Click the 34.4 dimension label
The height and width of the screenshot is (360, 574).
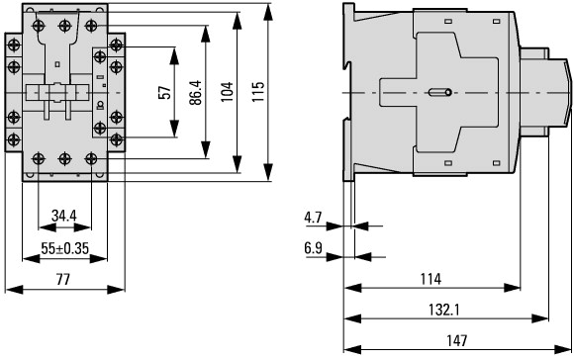coord(64,216)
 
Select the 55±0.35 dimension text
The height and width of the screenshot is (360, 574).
coord(64,249)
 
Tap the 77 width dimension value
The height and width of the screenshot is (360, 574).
coord(63,280)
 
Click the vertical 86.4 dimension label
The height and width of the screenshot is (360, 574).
coord(196,93)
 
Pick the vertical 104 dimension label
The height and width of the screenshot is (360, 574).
coord(227,92)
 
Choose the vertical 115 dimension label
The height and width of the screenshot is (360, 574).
coord(258,91)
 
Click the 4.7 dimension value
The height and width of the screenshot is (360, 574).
coord(313,218)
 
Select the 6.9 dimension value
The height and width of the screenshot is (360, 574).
coord(313,248)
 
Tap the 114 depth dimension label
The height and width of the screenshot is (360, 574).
coord(430,279)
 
